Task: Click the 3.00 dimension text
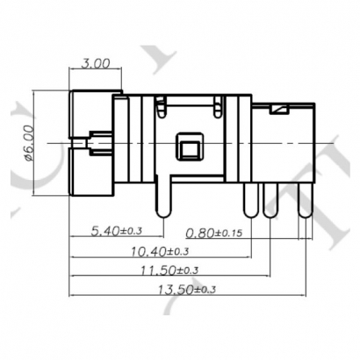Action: pyautogui.click(x=96, y=63)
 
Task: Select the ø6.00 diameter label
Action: pyautogui.click(x=27, y=141)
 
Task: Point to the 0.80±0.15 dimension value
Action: pyautogui.click(x=216, y=233)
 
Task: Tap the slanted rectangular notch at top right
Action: pyautogui.click(x=280, y=109)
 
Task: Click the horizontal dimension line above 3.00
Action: pyautogui.click(x=96, y=73)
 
